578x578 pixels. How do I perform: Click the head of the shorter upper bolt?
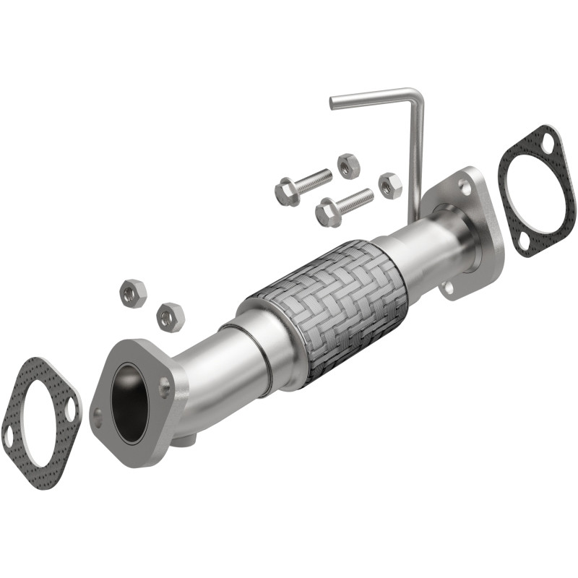click(286, 192)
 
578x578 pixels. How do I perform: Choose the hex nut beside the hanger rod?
click(389, 186)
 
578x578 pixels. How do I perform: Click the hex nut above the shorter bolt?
click(348, 166)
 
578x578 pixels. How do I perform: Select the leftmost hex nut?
click(132, 293)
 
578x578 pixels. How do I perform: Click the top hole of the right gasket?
click(547, 143)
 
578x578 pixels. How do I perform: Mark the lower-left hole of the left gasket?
click(9, 436)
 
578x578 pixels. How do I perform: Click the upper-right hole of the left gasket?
click(70, 410)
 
